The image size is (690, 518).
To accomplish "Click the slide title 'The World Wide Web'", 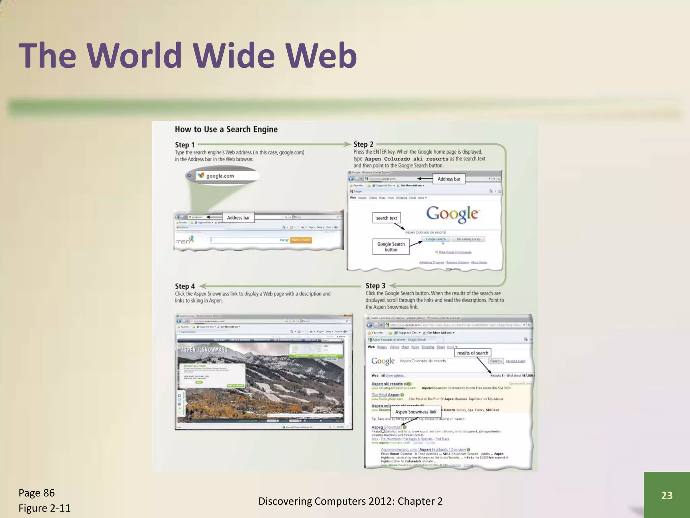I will (x=188, y=55).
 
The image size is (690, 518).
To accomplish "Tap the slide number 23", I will (x=666, y=495).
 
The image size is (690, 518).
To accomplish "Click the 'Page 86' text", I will (x=36, y=493).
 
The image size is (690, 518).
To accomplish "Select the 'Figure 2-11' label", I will (x=44, y=508).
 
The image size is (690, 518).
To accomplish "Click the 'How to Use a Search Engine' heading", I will (x=226, y=129).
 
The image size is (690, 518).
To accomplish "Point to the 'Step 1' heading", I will (x=185, y=145).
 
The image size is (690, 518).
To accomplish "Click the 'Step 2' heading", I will (x=363, y=144).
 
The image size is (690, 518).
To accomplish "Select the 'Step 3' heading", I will (x=375, y=286).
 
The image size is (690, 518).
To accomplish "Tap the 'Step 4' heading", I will (x=185, y=286).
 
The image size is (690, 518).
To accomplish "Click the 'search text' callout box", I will (x=386, y=218).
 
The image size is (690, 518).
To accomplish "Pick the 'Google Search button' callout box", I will (x=391, y=247).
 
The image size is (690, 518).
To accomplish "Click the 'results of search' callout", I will (x=472, y=353).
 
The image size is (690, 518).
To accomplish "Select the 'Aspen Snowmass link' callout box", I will (x=415, y=412).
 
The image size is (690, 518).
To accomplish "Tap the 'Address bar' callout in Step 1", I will (x=238, y=218).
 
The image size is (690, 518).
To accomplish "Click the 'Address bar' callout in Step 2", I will (x=449, y=179).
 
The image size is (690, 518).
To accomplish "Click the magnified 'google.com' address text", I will (x=220, y=176).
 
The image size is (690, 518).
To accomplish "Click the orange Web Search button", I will (x=301, y=240).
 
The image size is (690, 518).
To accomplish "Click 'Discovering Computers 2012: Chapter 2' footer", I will (x=350, y=501).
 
